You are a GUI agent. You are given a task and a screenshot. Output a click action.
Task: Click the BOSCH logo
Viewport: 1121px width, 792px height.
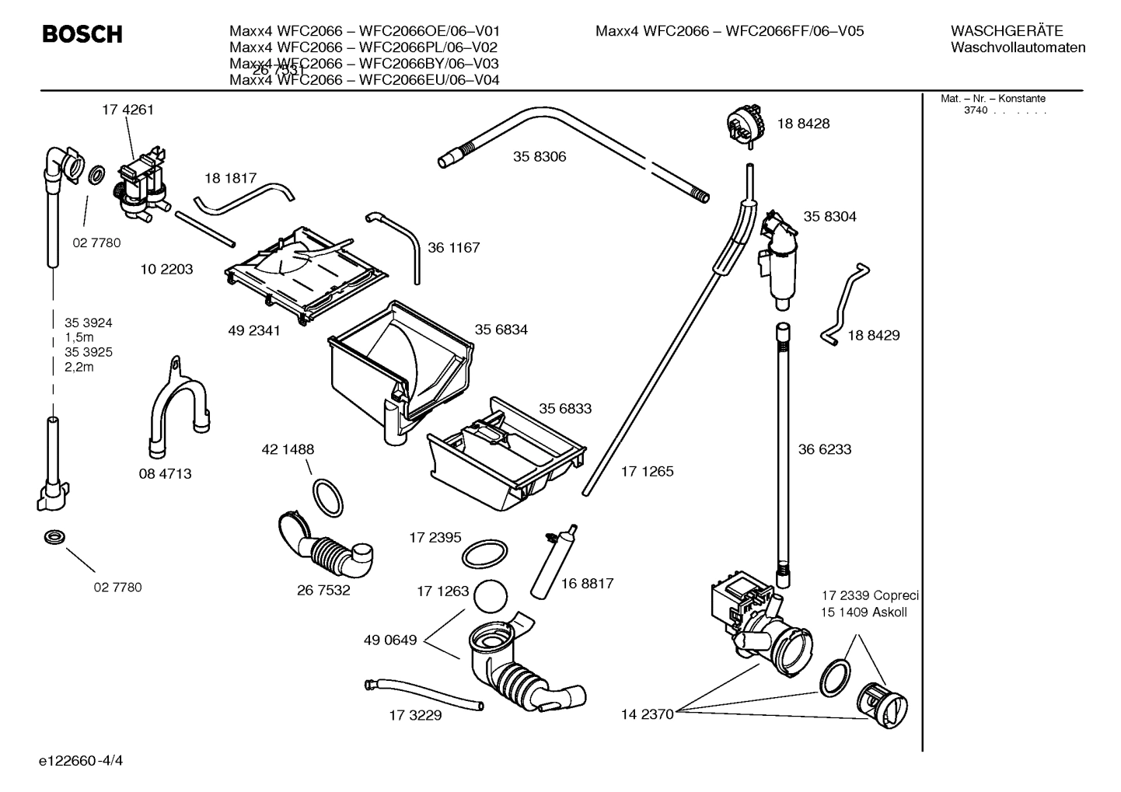tap(82, 35)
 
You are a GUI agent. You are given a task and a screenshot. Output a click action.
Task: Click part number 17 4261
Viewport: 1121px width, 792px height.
tap(127, 110)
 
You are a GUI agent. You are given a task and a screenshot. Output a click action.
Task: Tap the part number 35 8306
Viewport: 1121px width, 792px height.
tap(540, 156)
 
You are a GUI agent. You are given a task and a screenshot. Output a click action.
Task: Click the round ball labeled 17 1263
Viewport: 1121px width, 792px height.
tap(490, 596)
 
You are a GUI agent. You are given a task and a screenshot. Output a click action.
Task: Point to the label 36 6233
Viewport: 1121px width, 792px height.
tap(825, 449)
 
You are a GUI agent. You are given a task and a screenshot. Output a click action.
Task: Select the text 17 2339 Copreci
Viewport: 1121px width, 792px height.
tap(870, 595)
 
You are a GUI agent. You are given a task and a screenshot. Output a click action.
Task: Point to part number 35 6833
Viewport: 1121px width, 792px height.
tap(565, 409)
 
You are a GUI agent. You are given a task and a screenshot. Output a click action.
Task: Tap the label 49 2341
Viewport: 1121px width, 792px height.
tap(254, 330)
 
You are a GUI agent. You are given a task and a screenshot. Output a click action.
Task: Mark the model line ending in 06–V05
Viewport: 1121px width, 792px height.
tap(729, 31)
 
